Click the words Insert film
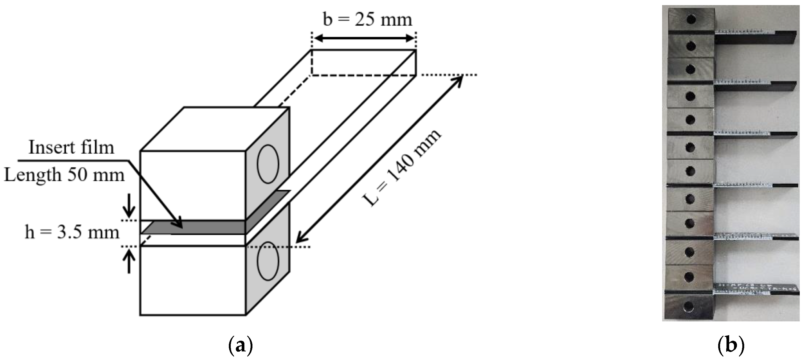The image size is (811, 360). [71, 147]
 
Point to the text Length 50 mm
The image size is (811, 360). [65, 175]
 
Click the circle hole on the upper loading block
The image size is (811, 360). [268, 164]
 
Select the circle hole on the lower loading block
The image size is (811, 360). [268, 261]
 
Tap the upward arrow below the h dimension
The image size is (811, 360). [129, 261]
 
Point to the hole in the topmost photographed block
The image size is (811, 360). [691, 20]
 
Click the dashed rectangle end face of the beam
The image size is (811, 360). [364, 62]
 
